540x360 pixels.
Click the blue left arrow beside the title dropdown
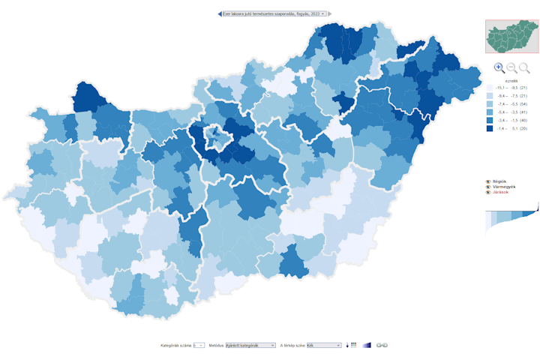[x=220, y=13]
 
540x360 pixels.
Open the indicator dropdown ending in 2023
[x=274, y=13]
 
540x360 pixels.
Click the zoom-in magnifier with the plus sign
[x=499, y=67]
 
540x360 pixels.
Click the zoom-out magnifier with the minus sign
[x=512, y=67]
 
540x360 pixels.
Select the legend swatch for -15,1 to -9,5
[x=489, y=88]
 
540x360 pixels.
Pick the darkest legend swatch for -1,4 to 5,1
[x=489, y=128]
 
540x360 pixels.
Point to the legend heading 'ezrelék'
[x=512, y=79]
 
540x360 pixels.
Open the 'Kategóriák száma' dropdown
[x=199, y=345]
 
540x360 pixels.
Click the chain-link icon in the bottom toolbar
[x=382, y=345]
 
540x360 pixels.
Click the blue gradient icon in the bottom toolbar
[x=366, y=345]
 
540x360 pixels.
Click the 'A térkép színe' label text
[x=292, y=345]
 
